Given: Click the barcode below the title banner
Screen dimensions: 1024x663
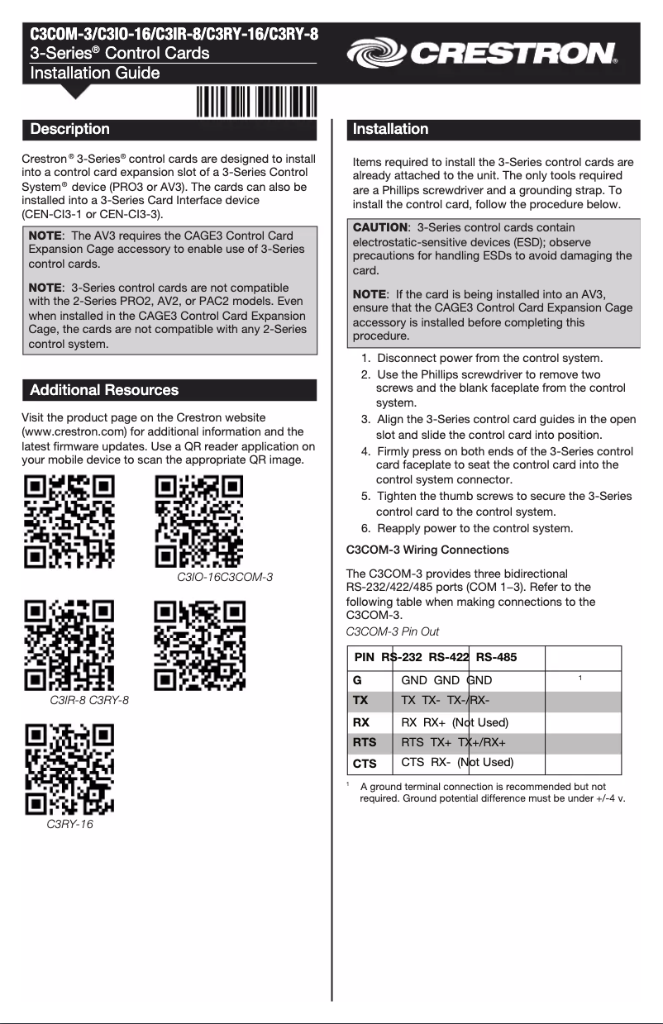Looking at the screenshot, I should [x=256, y=104].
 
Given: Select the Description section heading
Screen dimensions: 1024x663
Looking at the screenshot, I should [x=70, y=129].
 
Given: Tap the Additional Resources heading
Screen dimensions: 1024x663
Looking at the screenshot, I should [x=104, y=390].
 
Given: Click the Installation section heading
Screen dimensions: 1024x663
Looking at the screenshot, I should [x=390, y=129].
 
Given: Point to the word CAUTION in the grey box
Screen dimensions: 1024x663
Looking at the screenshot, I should [x=379, y=227].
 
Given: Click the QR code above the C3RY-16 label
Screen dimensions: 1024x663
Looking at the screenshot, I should [x=69, y=769].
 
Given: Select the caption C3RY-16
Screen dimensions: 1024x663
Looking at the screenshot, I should [x=69, y=825].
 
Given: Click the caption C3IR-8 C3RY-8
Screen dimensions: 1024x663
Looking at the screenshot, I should [x=89, y=701].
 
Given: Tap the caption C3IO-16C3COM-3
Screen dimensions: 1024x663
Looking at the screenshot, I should [x=225, y=577].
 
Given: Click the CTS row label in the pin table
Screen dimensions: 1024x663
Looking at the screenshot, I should [x=365, y=764].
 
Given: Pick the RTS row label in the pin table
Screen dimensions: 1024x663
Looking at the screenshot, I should [x=365, y=742].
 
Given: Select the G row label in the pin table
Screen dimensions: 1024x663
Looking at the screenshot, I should [x=357, y=680].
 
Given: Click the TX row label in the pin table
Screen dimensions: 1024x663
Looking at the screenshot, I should [x=360, y=701].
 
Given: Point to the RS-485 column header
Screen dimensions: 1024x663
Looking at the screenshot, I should [x=496, y=657].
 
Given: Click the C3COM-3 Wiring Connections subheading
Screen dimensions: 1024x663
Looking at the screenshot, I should [x=427, y=550].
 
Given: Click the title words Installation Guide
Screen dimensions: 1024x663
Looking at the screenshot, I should [x=95, y=73].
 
